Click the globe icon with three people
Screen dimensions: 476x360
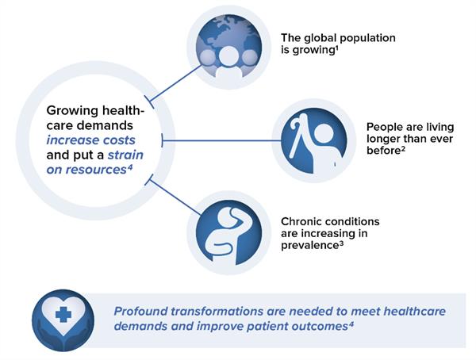coord(228,48)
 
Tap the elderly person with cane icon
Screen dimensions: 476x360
coord(314,140)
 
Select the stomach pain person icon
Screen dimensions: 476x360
coord(228,232)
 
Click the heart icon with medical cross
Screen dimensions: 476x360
coord(63,320)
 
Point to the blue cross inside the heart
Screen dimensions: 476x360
coord(63,314)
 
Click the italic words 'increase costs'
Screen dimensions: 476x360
coord(90,140)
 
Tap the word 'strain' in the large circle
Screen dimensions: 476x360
coord(125,155)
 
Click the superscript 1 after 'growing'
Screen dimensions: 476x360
coord(336,48)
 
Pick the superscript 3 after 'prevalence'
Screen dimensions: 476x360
coord(341,243)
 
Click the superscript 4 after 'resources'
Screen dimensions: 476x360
coord(129,167)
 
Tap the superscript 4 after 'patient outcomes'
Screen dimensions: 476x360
coord(351,324)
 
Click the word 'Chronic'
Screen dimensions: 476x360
coord(300,221)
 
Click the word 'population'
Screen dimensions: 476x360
coord(367,39)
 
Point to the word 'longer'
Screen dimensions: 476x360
coord(384,140)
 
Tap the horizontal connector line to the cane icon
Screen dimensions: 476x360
coord(221,140)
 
